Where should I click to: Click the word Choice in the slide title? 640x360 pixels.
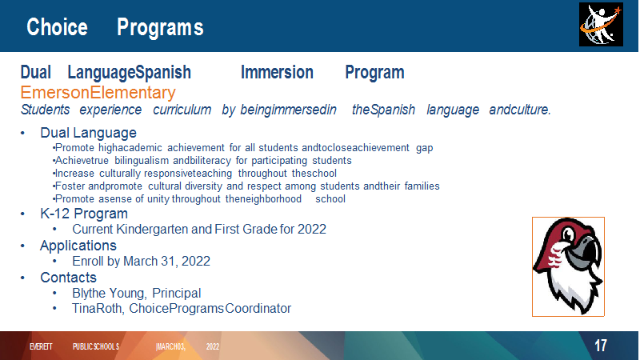(x=57, y=27)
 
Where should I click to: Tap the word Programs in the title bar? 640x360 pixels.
(x=160, y=28)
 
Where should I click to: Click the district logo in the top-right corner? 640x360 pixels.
(x=601, y=25)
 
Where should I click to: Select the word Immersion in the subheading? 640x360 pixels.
(x=277, y=72)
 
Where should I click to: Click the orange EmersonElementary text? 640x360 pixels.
(x=98, y=93)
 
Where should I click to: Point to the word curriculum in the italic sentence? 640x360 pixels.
(x=182, y=110)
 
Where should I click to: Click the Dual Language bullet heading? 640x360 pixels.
(x=88, y=133)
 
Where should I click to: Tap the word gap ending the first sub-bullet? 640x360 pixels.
(x=425, y=148)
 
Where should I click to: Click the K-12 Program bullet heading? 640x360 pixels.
(x=84, y=214)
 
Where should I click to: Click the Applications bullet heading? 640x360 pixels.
(x=78, y=246)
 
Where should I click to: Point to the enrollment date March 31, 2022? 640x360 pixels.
(x=166, y=262)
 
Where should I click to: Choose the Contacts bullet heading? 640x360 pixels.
(x=68, y=278)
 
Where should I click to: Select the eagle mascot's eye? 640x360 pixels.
(x=568, y=234)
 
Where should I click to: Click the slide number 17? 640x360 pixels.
(x=601, y=346)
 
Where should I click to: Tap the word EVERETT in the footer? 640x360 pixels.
(x=41, y=346)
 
